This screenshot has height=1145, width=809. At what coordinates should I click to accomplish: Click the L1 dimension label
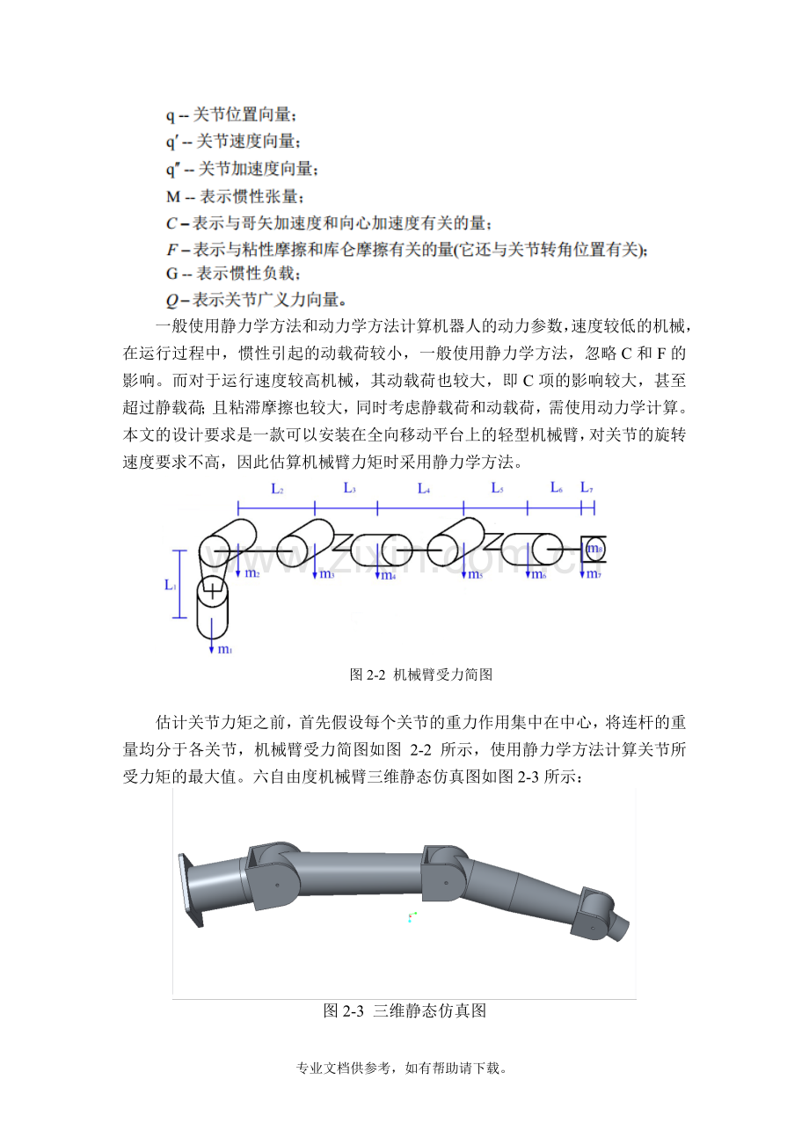click(x=171, y=584)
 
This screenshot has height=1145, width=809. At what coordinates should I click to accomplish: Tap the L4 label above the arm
click(x=424, y=489)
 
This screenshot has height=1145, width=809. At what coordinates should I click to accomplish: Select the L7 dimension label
click(x=587, y=487)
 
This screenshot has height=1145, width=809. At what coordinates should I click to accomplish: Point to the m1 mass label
click(x=225, y=650)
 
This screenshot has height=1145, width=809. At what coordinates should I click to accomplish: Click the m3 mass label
click(x=326, y=574)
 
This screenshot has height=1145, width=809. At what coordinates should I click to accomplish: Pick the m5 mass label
click(x=475, y=575)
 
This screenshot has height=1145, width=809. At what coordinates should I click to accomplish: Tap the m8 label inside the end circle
click(x=594, y=549)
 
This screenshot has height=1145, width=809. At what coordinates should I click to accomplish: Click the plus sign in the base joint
click(x=212, y=593)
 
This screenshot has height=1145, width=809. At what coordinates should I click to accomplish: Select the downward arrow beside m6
click(x=528, y=566)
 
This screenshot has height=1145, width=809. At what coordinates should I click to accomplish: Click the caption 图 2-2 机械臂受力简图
click(x=420, y=675)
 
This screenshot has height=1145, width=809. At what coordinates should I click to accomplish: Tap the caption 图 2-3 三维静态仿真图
click(x=404, y=1010)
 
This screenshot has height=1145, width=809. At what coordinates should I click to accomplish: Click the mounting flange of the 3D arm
click(x=190, y=890)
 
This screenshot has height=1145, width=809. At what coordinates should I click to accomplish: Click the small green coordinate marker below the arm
click(x=412, y=917)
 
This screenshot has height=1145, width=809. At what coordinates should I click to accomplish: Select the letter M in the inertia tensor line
click(x=173, y=196)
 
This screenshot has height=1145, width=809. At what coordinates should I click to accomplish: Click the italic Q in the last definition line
click(x=171, y=300)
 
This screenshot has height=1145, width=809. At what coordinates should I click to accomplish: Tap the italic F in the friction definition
click(x=171, y=250)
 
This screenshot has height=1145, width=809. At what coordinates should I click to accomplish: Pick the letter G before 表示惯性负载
click(x=171, y=274)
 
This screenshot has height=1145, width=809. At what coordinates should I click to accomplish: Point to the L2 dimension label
click(x=277, y=490)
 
